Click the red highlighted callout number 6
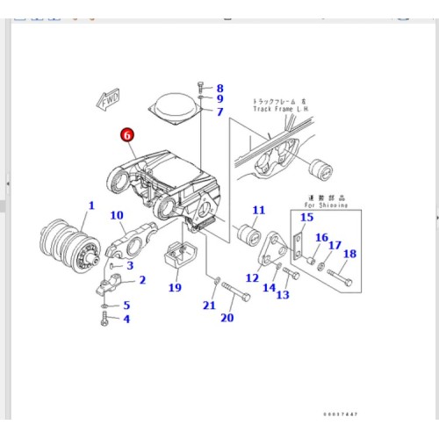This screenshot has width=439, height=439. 127,135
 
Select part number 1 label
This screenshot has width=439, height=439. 90,205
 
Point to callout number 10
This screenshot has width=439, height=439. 117,215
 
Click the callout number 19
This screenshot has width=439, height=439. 174,287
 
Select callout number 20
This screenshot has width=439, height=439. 227,317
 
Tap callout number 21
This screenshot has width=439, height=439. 208,305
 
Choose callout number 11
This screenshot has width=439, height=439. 258,210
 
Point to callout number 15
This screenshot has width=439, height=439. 306,217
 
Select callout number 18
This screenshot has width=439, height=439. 349,255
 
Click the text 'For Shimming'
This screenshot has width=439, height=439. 328,205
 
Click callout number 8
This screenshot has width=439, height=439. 219,88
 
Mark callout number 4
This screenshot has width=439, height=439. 126,319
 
